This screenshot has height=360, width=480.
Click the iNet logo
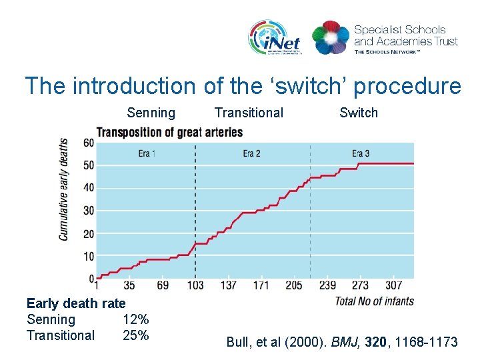(x=275, y=37)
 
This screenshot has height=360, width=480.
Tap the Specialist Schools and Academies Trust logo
(x=385, y=37)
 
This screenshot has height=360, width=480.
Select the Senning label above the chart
(x=151, y=113)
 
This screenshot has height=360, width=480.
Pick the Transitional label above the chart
(x=249, y=113)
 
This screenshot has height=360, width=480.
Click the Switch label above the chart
(x=358, y=113)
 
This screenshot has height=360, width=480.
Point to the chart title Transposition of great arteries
(x=169, y=132)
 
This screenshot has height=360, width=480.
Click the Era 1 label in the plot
(x=147, y=154)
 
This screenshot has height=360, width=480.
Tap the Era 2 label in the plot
(x=251, y=154)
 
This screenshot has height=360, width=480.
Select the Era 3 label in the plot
(x=361, y=154)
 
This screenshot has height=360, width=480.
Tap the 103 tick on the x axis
(x=195, y=285)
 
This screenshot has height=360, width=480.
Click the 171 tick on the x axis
(x=261, y=285)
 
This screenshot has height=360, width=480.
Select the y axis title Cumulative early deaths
(x=64, y=189)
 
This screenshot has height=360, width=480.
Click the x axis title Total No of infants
(x=373, y=301)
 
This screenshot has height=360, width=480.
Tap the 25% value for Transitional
(x=135, y=335)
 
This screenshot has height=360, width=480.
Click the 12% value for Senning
(x=135, y=319)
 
